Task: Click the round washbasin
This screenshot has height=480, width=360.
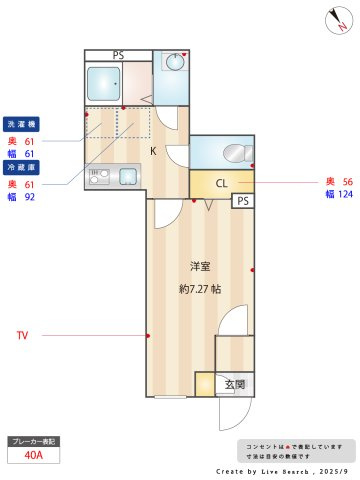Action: point(172,63)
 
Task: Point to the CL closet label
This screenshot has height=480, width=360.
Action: point(221,183)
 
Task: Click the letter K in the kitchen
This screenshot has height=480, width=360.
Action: point(153,151)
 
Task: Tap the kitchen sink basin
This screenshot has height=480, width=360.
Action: point(129,176)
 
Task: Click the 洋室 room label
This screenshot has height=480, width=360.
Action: point(201,266)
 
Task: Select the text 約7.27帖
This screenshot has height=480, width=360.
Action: point(200,289)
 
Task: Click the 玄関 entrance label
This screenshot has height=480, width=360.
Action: point(233,384)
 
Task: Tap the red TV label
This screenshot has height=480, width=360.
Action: point(22,336)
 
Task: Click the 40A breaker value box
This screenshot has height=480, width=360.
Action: point(33,456)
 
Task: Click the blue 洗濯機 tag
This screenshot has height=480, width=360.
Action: point(21,124)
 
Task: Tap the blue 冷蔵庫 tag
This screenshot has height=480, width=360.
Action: point(21,168)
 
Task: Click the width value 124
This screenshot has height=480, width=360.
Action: point(343,194)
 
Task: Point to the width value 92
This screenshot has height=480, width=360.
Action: point(29,198)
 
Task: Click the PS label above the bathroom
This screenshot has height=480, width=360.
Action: point(118,54)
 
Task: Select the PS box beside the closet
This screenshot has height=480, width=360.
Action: point(243,201)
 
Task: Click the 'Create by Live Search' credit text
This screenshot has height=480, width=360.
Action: point(283,470)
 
